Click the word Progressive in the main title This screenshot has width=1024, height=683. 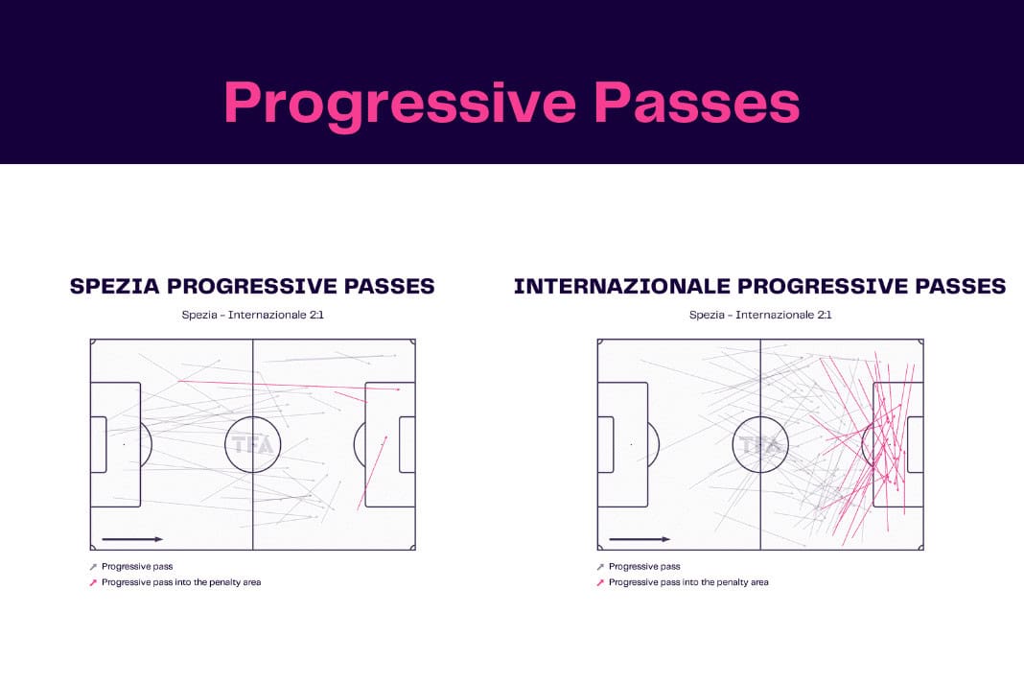click(400, 104)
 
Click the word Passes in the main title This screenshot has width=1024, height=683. click(697, 102)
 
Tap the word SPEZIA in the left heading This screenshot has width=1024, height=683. click(114, 286)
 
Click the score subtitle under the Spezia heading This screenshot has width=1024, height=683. click(253, 315)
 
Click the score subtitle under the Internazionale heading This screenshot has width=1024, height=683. click(760, 315)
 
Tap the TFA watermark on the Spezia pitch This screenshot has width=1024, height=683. click(253, 445)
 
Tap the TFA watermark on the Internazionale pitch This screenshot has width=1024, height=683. click(760, 445)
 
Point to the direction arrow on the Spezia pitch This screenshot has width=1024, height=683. click(132, 539)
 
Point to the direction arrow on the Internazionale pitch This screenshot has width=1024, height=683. click(640, 539)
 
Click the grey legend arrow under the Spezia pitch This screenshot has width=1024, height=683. click(93, 567)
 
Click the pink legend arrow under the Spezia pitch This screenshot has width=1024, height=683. click(93, 582)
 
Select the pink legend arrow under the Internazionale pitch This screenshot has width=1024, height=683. click(600, 582)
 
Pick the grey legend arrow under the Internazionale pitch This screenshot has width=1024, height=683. click(600, 567)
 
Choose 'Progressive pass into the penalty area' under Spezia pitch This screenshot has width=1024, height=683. click(181, 582)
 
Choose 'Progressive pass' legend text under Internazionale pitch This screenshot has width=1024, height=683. click(644, 567)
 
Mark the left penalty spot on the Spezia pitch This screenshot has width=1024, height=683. click(124, 444)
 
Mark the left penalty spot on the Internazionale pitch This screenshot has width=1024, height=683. click(632, 444)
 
